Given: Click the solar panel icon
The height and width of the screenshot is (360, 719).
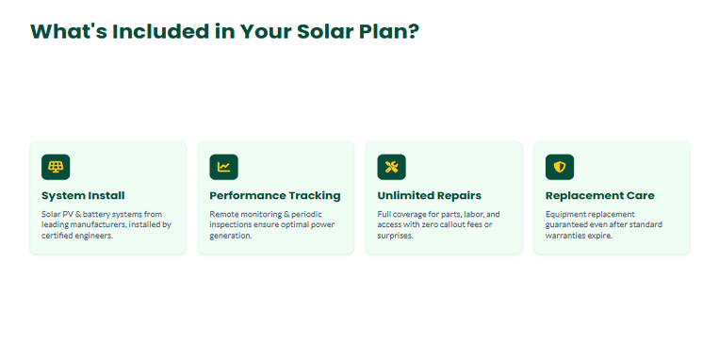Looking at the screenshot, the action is coord(56,167).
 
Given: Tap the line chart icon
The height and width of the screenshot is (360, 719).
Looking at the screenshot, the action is coord(223,167).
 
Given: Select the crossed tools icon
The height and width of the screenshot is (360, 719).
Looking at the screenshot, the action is coord(392,167).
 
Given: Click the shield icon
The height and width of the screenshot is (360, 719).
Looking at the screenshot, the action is coord(560,167).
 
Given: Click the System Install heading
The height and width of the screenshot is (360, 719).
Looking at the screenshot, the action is coord(83,196).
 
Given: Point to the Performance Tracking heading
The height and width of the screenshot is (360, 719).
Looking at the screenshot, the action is coord(275,196).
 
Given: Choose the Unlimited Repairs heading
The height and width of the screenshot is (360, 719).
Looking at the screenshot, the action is coord(429,196).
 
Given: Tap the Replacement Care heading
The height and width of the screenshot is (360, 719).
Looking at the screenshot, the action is coord(599,196).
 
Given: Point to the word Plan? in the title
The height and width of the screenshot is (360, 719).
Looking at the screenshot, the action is coord(389,32).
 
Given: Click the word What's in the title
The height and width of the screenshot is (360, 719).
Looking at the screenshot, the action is coord(69,32).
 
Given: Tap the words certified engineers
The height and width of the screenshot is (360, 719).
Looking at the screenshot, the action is coord(77,236).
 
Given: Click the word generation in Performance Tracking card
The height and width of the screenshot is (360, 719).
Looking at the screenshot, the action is coord(231,236).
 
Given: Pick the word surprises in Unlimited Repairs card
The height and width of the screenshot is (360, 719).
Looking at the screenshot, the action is coord(395,236).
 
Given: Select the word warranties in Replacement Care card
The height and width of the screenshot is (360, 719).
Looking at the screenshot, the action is coord(564,236).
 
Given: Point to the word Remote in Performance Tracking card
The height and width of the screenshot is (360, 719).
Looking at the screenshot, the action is coord(222,214).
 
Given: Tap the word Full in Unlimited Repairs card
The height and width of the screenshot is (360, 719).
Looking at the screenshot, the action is coord(384,214).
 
